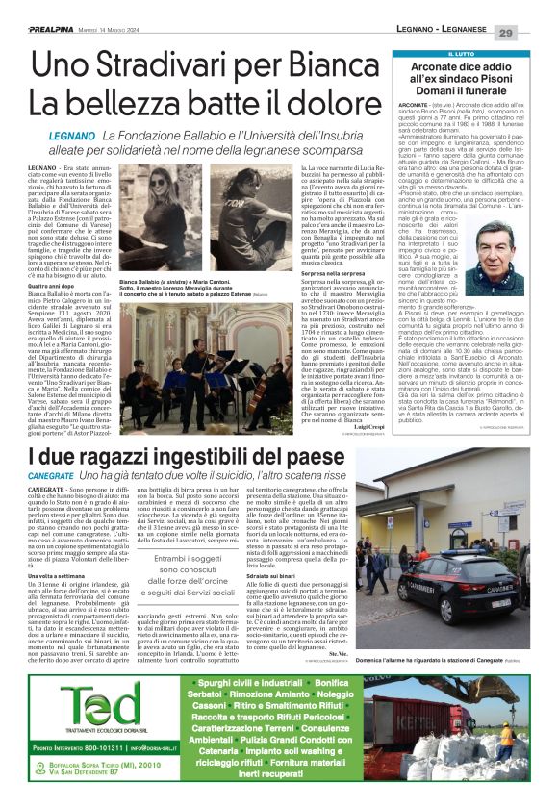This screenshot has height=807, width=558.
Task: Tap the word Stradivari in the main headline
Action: [176, 66]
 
